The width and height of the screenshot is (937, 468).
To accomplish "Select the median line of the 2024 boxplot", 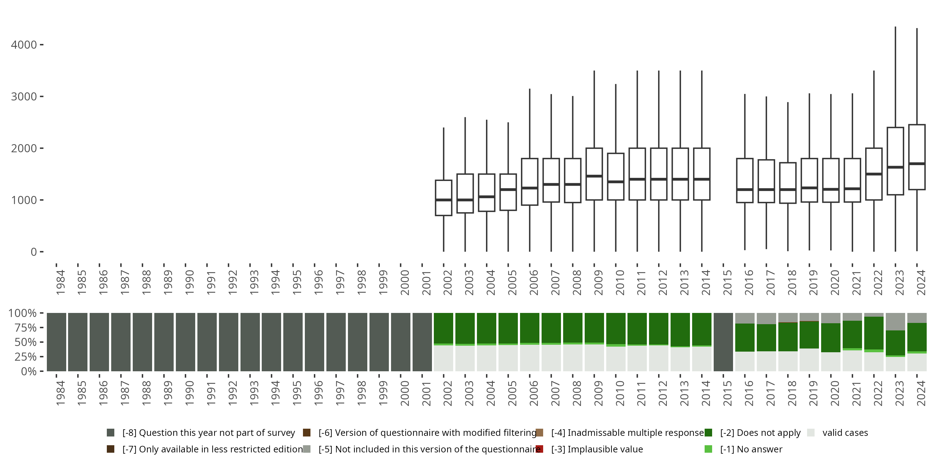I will [x=917, y=164].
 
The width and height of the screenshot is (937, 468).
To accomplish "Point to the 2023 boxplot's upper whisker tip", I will [x=895, y=27].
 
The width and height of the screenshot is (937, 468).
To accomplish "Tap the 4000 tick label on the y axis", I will [x=24, y=45].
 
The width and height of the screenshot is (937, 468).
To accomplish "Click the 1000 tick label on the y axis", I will [x=24, y=200].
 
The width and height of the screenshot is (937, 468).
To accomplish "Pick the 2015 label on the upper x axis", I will [x=727, y=282].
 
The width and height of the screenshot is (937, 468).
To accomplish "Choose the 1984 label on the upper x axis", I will [x=60, y=282].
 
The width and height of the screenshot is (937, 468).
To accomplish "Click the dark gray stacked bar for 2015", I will [x=723, y=342].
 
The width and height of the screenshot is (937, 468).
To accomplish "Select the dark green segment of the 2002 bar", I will [x=444, y=328].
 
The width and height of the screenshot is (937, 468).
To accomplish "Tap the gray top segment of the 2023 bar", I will [x=895, y=321].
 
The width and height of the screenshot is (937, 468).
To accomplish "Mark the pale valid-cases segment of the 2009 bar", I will [x=594, y=358].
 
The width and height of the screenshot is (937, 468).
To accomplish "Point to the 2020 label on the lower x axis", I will [x=835, y=393].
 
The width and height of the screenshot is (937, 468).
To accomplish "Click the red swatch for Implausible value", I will [x=539, y=449].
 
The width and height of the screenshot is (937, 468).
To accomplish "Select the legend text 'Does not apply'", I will [x=760, y=433].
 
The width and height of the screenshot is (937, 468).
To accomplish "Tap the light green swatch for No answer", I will [x=708, y=449].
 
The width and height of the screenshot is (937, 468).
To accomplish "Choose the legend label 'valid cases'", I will [x=845, y=433].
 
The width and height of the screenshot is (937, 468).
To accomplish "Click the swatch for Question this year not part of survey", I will [x=111, y=433].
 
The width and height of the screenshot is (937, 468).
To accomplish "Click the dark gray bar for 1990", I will [x=186, y=342].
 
